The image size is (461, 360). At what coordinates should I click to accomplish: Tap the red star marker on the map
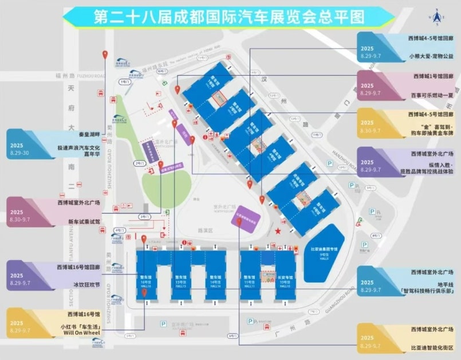point(278,231)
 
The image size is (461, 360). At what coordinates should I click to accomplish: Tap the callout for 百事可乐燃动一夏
point(406,85)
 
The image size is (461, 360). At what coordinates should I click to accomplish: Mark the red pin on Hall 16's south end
point(144,292)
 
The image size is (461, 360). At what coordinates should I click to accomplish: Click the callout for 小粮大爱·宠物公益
point(406,48)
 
